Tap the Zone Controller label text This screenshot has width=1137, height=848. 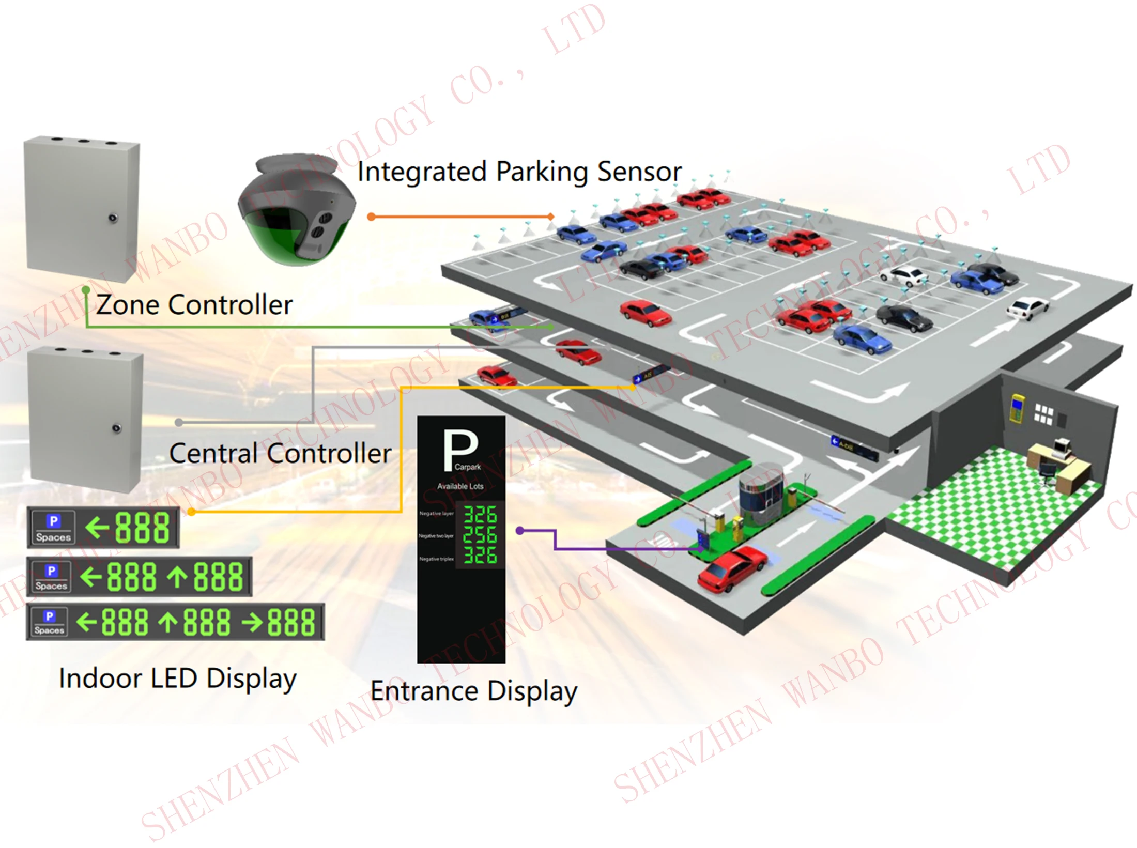click(194, 304)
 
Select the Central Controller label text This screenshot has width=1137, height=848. click(280, 454)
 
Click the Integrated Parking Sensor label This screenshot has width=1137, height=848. click(519, 172)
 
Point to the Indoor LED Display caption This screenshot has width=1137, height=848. click(178, 678)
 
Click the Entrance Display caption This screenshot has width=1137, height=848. click(473, 691)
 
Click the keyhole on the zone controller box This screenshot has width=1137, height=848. click(113, 218)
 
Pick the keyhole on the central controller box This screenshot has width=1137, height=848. click(117, 428)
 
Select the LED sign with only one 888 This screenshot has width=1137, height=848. click(103, 527)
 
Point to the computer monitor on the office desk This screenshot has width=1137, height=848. click(1061, 447)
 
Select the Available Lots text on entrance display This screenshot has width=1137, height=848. click(460, 486)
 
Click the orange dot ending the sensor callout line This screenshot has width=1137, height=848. click(371, 217)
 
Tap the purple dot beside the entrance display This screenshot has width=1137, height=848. click(520, 531)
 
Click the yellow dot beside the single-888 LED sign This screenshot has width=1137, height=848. click(192, 512)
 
